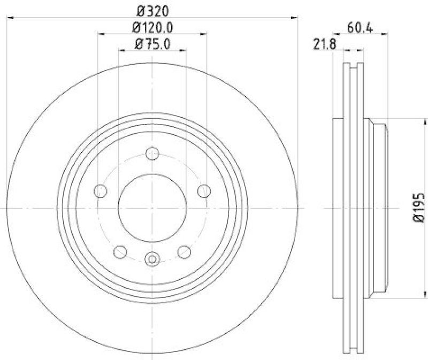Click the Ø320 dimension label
[152, 10]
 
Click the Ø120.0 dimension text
[152, 26]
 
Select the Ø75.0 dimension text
[152, 43]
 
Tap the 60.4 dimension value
[359, 27]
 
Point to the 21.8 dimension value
[324, 44]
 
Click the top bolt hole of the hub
[152, 152]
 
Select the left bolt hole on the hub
[100, 190]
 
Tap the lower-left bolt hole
[120, 251]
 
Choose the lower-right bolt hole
[185, 251]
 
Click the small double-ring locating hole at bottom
[152, 259]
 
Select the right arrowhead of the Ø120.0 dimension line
[204, 34]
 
